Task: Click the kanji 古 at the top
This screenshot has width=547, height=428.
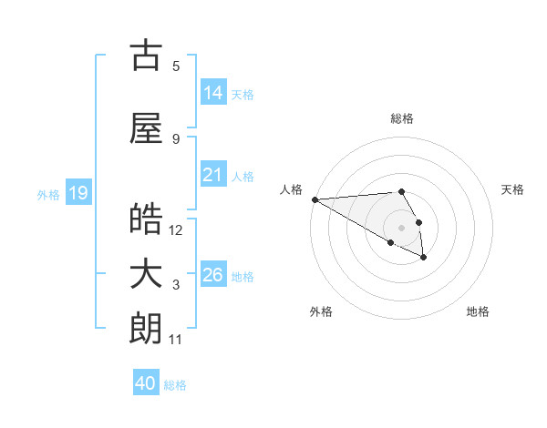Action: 146,56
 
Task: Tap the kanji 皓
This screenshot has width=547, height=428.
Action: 146,219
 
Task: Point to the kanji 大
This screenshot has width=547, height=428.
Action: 146,275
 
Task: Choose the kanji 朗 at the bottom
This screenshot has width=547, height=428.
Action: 146,329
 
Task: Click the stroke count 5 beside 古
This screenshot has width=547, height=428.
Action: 176,66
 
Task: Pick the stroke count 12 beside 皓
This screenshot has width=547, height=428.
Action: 176,229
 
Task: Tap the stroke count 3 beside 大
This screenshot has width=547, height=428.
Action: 176,285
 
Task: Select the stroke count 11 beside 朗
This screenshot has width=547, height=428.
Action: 176,340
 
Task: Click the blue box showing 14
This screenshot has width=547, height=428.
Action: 212,93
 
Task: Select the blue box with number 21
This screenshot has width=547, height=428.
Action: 212,175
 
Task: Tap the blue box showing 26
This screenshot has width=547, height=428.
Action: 212,275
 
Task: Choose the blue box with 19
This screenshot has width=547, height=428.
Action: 77,193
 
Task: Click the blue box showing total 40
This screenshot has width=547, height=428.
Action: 146,384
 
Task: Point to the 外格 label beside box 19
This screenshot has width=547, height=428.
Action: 48,194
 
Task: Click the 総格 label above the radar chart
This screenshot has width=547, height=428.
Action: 402,118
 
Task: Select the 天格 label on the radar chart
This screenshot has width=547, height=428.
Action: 512,189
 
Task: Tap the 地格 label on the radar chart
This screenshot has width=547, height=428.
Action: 478,311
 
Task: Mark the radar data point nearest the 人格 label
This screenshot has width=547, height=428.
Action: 315,199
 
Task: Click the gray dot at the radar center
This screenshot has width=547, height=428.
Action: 401,228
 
